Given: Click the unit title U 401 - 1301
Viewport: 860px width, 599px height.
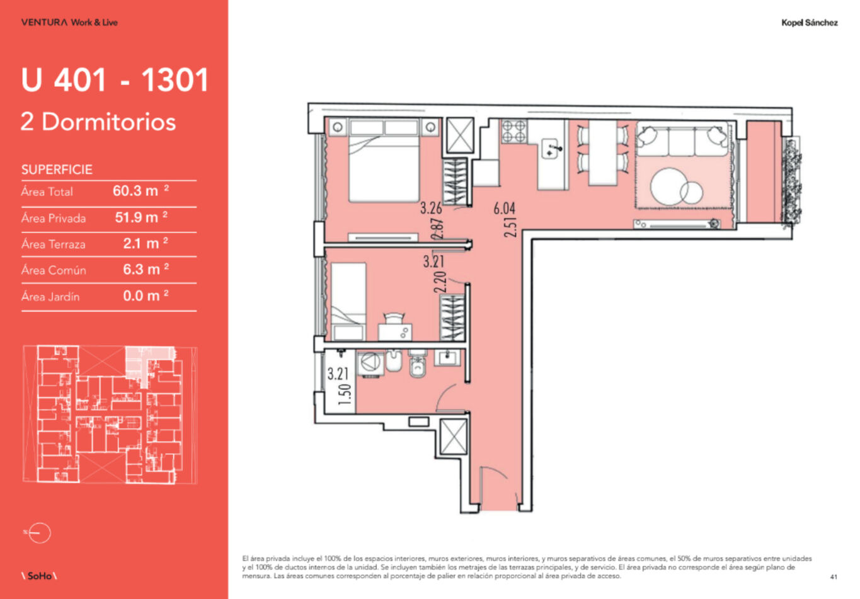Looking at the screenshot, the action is [x=115, y=80].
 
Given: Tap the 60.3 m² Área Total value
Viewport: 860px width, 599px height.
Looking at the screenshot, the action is [x=140, y=191].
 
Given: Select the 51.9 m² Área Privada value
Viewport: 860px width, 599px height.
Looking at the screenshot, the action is [x=141, y=217].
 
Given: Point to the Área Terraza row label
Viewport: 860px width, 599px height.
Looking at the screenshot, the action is [x=54, y=244].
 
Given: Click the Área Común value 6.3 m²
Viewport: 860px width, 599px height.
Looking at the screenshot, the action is [x=146, y=270].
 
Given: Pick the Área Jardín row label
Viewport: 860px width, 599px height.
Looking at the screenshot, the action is [x=50, y=296].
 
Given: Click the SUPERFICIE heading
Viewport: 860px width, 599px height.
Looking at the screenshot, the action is [x=57, y=169].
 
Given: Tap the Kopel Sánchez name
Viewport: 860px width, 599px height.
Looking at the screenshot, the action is [x=810, y=23].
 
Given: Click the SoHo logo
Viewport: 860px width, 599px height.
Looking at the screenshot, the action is [x=39, y=576].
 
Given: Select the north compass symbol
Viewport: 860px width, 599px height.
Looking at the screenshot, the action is [x=38, y=533].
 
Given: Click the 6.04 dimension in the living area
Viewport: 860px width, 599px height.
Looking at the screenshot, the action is [x=504, y=208].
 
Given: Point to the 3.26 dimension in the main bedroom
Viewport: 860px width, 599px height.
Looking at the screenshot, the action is [x=431, y=208].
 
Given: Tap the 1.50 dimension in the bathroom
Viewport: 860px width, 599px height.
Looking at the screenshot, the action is [x=345, y=395].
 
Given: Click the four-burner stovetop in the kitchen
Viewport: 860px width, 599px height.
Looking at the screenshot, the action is [x=514, y=131].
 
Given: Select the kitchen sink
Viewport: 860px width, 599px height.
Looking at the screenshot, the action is [x=551, y=149].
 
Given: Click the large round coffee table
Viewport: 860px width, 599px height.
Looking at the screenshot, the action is [x=669, y=187].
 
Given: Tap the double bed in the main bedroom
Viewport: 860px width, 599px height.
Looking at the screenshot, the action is [x=384, y=161].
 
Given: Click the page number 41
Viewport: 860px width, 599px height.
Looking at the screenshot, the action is [x=834, y=577].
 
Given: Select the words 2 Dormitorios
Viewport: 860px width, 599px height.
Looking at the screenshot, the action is [x=98, y=122].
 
